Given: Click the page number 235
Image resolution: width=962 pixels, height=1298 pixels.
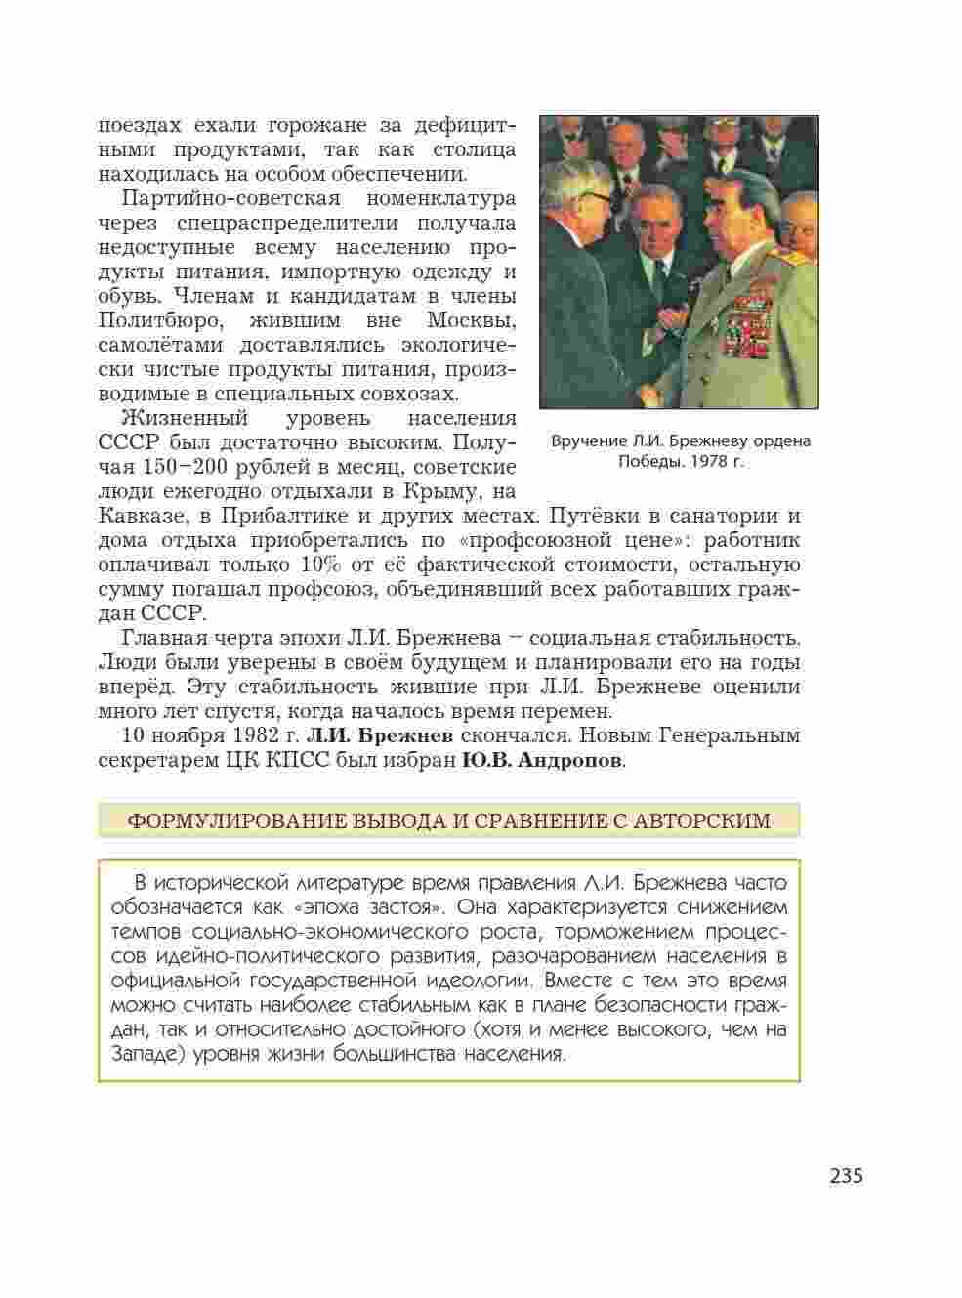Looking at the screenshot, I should point(846,1175).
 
